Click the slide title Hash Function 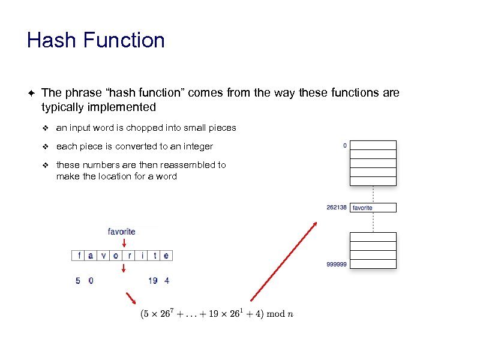pos(96,41)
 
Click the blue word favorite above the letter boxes pos(121,231)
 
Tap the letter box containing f pos(79,255)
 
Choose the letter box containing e pos(166,255)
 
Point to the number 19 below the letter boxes pos(153,280)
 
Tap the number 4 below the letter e pos(167,280)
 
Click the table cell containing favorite pos(373,208)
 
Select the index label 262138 pos(336,208)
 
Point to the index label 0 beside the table pos(344,145)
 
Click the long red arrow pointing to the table pos(283,261)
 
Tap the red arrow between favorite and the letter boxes pos(124,242)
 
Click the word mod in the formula pos(275,314)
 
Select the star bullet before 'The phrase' pos(31,93)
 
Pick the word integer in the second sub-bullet pos(199,146)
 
